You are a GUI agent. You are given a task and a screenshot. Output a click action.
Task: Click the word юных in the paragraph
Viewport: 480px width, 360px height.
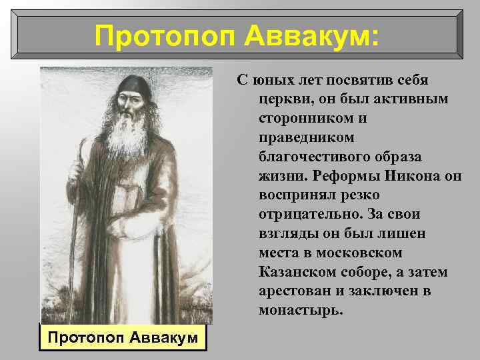(x=275, y=80)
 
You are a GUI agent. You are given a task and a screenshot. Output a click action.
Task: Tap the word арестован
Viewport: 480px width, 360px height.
(x=292, y=291)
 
